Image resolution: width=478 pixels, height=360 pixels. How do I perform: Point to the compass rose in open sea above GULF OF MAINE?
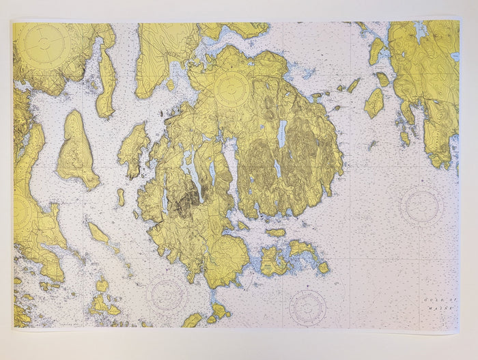(x=421, y=205)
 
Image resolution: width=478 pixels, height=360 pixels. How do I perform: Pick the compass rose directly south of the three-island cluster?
(x=307, y=307)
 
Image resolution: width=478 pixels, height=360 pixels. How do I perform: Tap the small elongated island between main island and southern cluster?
(x=275, y=232)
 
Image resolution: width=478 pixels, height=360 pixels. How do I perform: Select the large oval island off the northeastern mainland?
(x=374, y=103)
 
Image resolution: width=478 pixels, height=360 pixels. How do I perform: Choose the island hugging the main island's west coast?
(x=133, y=147)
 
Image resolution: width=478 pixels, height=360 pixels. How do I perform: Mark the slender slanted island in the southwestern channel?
(x=98, y=232)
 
